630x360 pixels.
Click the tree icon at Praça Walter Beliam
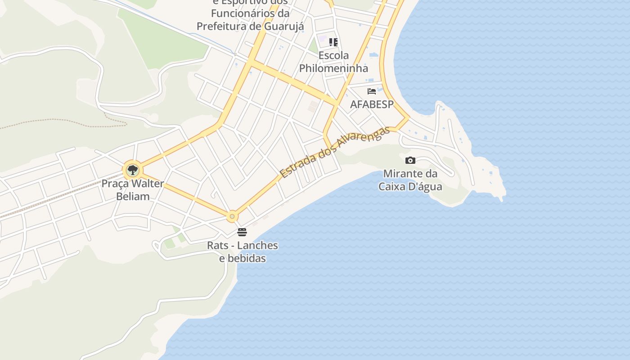(132, 170)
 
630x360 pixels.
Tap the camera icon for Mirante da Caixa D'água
(410, 160)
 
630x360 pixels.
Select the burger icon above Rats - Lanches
(242, 232)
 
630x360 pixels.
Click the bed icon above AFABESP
(372, 91)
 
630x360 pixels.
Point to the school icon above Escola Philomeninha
(333, 42)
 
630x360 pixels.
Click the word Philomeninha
(333, 68)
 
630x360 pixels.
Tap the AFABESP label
(372, 104)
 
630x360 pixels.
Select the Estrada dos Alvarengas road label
(334, 152)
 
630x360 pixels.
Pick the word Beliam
(133, 196)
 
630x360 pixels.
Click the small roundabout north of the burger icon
(232, 216)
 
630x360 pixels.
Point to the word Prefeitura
(223, 26)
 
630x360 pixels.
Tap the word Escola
(333, 55)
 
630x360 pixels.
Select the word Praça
(115, 184)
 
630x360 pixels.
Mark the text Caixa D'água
(410, 186)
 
